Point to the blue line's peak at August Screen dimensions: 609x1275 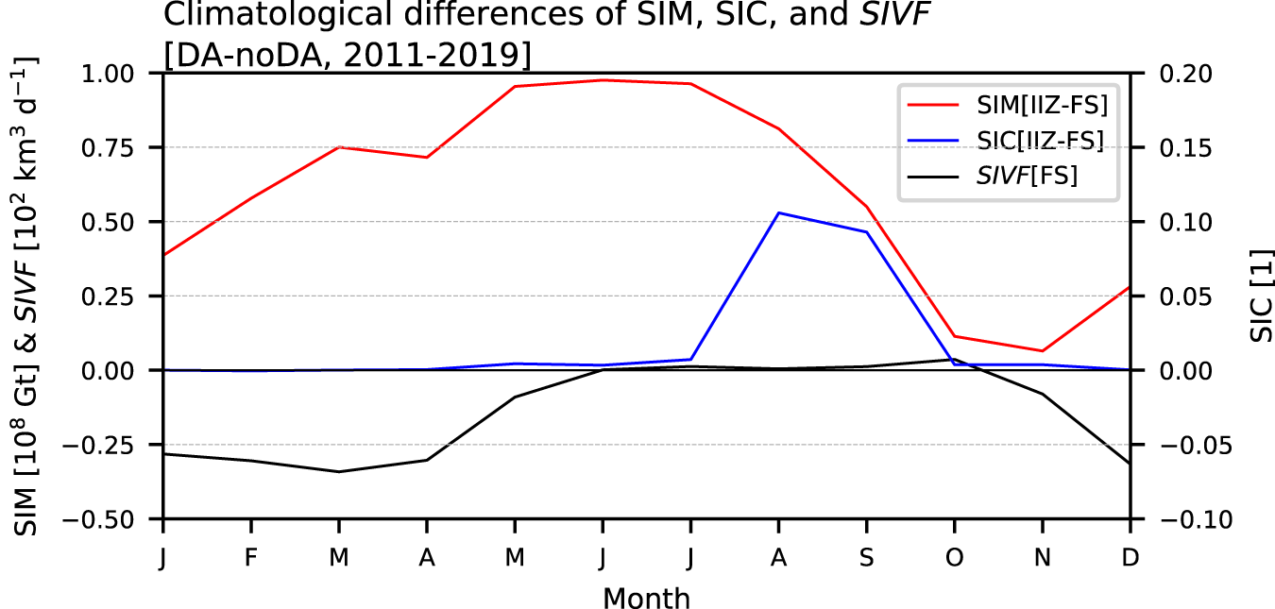tap(778, 213)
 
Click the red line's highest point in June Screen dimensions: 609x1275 tap(603, 80)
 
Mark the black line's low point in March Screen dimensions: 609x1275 tap(339, 471)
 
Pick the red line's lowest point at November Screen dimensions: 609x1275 tap(1042, 351)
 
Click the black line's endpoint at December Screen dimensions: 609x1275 tap(1129, 464)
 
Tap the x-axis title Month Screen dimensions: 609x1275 tap(646, 598)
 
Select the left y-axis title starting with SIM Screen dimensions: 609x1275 tap(27, 296)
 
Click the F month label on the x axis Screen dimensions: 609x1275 tap(251, 557)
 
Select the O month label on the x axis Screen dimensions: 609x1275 tap(954, 557)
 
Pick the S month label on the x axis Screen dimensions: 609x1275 tap(866, 557)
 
